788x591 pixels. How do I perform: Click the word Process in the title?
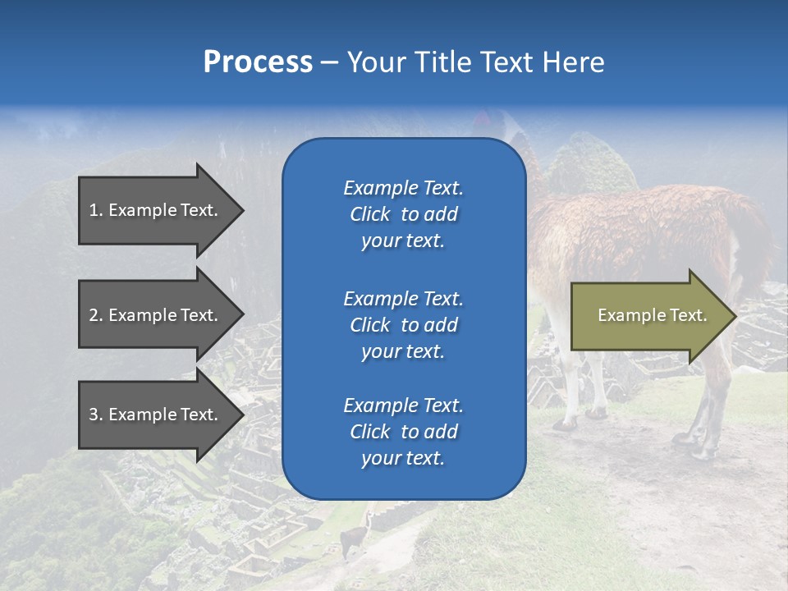click(x=258, y=62)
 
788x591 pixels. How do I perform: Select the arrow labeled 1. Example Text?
click(x=156, y=210)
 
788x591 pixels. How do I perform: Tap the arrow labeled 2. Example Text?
click(x=156, y=315)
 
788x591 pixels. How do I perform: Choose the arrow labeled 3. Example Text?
click(x=156, y=415)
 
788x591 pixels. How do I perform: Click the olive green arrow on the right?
click(x=648, y=315)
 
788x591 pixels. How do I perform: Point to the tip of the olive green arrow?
click(x=734, y=316)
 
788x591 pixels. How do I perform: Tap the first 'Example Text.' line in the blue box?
click(x=403, y=188)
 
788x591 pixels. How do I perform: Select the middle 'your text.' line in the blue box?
click(x=403, y=351)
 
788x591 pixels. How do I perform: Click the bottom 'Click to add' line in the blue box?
click(x=403, y=432)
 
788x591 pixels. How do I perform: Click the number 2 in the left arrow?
click(x=93, y=315)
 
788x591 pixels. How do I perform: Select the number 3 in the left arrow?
click(x=93, y=415)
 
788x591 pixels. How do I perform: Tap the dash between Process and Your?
click(x=329, y=62)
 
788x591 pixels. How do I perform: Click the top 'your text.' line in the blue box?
click(x=403, y=241)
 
